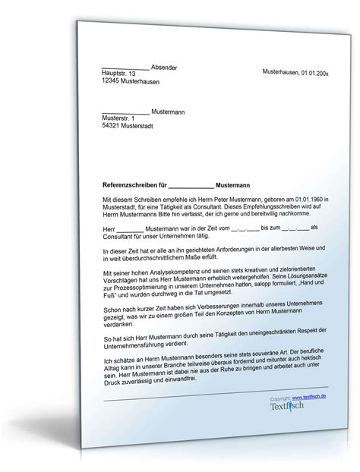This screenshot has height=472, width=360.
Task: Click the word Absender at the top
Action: pos(166,68)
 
